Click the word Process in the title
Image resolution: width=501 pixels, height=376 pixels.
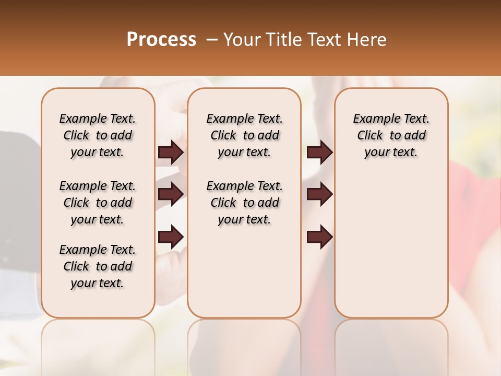(161, 39)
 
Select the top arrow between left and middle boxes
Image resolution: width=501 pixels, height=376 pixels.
(171, 152)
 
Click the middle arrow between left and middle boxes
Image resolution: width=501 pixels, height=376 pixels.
(171, 194)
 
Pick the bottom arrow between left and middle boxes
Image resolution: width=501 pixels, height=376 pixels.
(171, 236)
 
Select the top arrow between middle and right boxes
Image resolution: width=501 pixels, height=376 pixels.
(319, 152)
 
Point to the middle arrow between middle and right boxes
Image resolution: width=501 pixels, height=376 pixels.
(319, 194)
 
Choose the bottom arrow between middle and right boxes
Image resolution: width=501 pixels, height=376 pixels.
(319, 236)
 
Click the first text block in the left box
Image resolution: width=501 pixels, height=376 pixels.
(98, 135)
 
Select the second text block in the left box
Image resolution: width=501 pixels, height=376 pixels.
(98, 203)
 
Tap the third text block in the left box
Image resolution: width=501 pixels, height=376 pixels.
(98, 266)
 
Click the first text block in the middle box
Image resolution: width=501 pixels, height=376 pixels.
(244, 135)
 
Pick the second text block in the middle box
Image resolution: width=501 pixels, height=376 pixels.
(244, 203)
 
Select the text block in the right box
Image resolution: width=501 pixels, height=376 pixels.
(391, 135)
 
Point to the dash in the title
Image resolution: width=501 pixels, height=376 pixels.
(212, 39)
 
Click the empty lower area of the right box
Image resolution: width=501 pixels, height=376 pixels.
(391, 245)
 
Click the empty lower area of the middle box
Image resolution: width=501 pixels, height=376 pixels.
(244, 272)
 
